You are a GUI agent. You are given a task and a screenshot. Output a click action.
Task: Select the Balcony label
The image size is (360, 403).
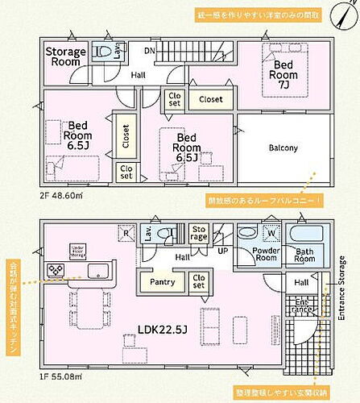pyautogui.click(x=283, y=147)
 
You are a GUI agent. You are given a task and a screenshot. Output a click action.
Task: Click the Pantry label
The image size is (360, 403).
pyautogui.click(x=161, y=281)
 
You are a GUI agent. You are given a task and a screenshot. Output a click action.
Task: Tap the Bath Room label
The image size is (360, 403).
pyautogui.click(x=304, y=255)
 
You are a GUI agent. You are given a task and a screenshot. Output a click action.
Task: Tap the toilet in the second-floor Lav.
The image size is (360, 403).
pyautogui.click(x=103, y=51)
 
